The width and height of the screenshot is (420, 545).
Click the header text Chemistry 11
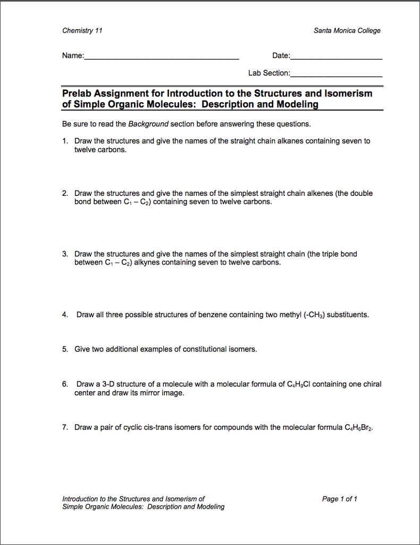point(82,30)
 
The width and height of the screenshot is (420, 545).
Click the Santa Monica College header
point(347,30)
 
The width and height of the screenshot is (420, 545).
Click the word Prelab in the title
point(79,94)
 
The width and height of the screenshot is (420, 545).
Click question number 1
point(64,141)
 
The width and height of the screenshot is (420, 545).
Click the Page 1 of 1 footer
point(339,499)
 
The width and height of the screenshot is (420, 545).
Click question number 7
point(64,427)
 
